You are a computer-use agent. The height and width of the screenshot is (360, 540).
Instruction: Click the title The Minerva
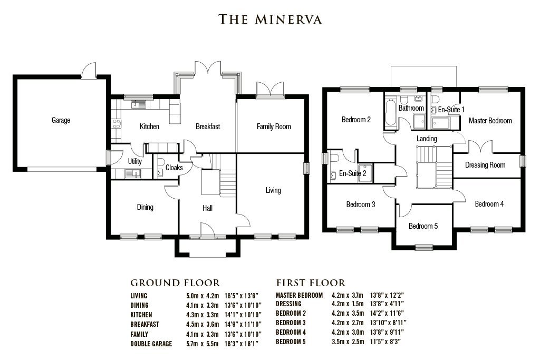[270, 20]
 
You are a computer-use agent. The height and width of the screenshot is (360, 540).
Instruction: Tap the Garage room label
[61, 120]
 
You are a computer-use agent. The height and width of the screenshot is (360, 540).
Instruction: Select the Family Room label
[274, 127]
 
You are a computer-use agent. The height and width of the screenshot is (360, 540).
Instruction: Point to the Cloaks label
[174, 168]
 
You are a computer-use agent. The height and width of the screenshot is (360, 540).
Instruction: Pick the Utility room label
[135, 161]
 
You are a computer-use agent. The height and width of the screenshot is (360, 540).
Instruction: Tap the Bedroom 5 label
[423, 226]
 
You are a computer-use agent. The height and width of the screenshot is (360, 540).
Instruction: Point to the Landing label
[426, 139]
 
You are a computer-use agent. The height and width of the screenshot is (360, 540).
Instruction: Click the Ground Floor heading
[175, 283]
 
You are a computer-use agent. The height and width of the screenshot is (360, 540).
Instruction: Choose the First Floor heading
[311, 283]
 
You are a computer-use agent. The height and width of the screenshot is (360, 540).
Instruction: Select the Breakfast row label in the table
[144, 324]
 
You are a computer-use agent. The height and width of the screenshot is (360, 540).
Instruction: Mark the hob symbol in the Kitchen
[116, 125]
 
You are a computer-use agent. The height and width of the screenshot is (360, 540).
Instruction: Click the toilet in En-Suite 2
[333, 158]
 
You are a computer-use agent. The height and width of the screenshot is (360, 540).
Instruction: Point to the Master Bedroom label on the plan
[490, 121]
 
